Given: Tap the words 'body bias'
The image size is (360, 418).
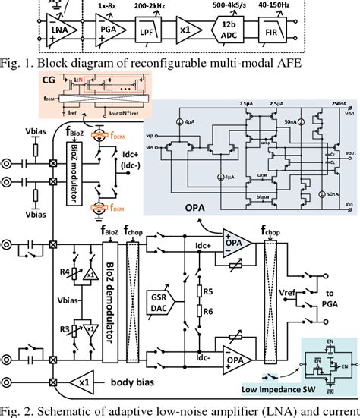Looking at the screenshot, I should pos(143,383).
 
